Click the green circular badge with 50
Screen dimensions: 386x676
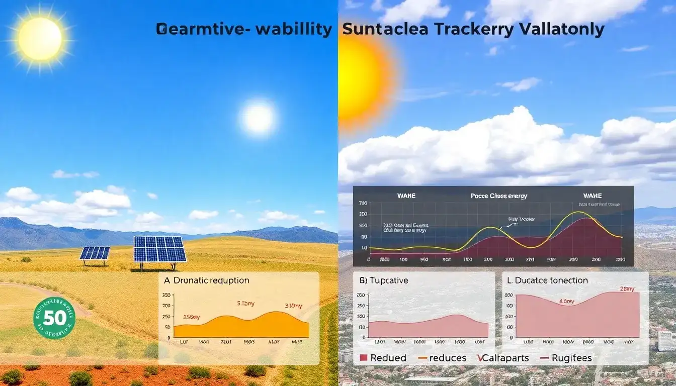pos(54,317)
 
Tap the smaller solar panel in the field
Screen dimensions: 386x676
pos(95,253)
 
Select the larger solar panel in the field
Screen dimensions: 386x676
pos(160,249)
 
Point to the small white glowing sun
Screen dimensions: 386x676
pos(259,118)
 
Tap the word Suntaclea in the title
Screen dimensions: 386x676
pos(385,29)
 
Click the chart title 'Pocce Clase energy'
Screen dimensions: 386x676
pos(498,196)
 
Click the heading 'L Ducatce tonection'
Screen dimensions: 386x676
pos(547,280)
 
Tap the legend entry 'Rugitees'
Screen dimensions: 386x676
pos(565,358)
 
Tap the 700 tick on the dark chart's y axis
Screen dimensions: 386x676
pos(363,203)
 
